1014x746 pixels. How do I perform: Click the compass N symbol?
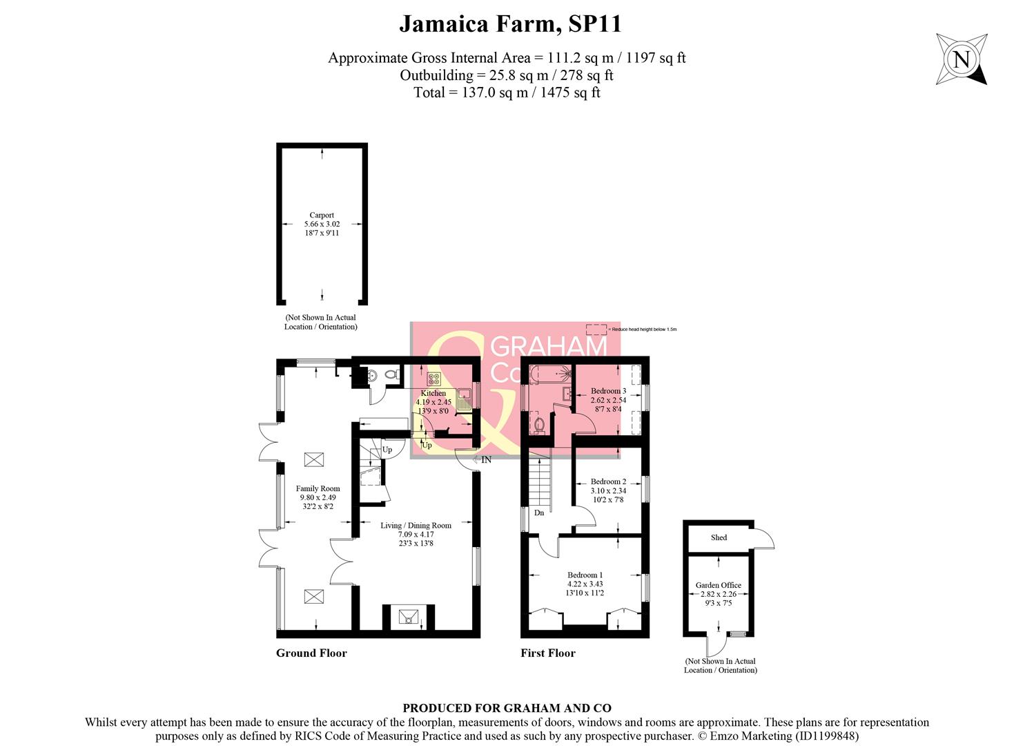pyautogui.click(x=961, y=59)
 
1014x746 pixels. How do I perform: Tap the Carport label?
pyautogui.click(x=322, y=215)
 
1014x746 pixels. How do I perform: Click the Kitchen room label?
pyautogui.click(x=433, y=393)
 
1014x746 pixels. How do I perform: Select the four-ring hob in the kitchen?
pyautogui.click(x=434, y=378)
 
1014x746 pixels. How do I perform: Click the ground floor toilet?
pyautogui.click(x=391, y=375)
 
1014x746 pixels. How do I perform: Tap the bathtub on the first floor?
pyautogui.click(x=549, y=374)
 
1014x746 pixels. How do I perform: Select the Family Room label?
pyautogui.click(x=318, y=488)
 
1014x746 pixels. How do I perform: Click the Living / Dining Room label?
pyautogui.click(x=416, y=525)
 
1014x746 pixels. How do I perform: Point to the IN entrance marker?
pyautogui.click(x=486, y=459)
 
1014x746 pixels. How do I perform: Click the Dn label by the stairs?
pyautogui.click(x=539, y=513)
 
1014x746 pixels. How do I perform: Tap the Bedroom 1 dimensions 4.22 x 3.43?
pyautogui.click(x=585, y=584)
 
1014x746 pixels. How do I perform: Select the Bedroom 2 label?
pyautogui.click(x=608, y=481)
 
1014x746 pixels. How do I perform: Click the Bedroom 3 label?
pyautogui.click(x=608, y=391)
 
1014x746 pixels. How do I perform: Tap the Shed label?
pyautogui.click(x=719, y=537)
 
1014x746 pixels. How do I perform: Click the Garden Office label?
pyautogui.click(x=718, y=585)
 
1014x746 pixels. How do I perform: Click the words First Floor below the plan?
pyautogui.click(x=547, y=653)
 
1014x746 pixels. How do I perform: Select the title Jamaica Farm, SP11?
pyautogui.click(x=510, y=24)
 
